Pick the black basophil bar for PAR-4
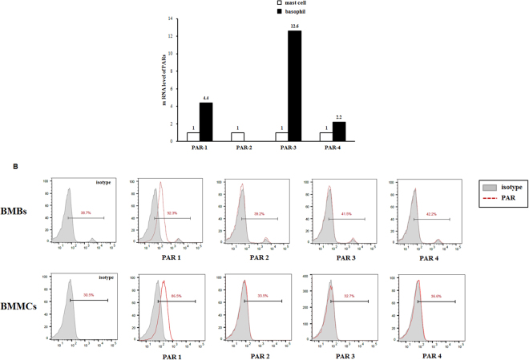339,131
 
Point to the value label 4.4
206,99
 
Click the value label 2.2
339,117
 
